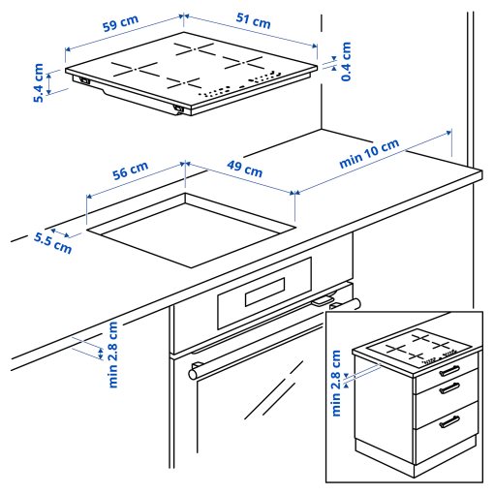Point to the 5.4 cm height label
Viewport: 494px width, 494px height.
point(39,83)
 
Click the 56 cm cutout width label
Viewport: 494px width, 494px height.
point(130,172)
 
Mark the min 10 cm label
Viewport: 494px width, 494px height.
point(369,155)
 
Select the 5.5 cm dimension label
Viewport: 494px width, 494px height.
point(52,241)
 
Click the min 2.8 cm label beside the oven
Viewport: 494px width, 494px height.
point(113,355)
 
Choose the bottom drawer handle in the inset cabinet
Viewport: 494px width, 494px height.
point(451,420)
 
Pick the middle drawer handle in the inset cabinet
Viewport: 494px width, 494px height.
point(451,389)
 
